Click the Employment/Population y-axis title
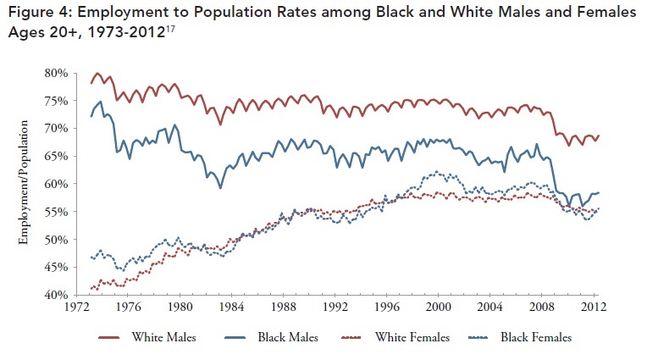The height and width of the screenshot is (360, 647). coord(24,185)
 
